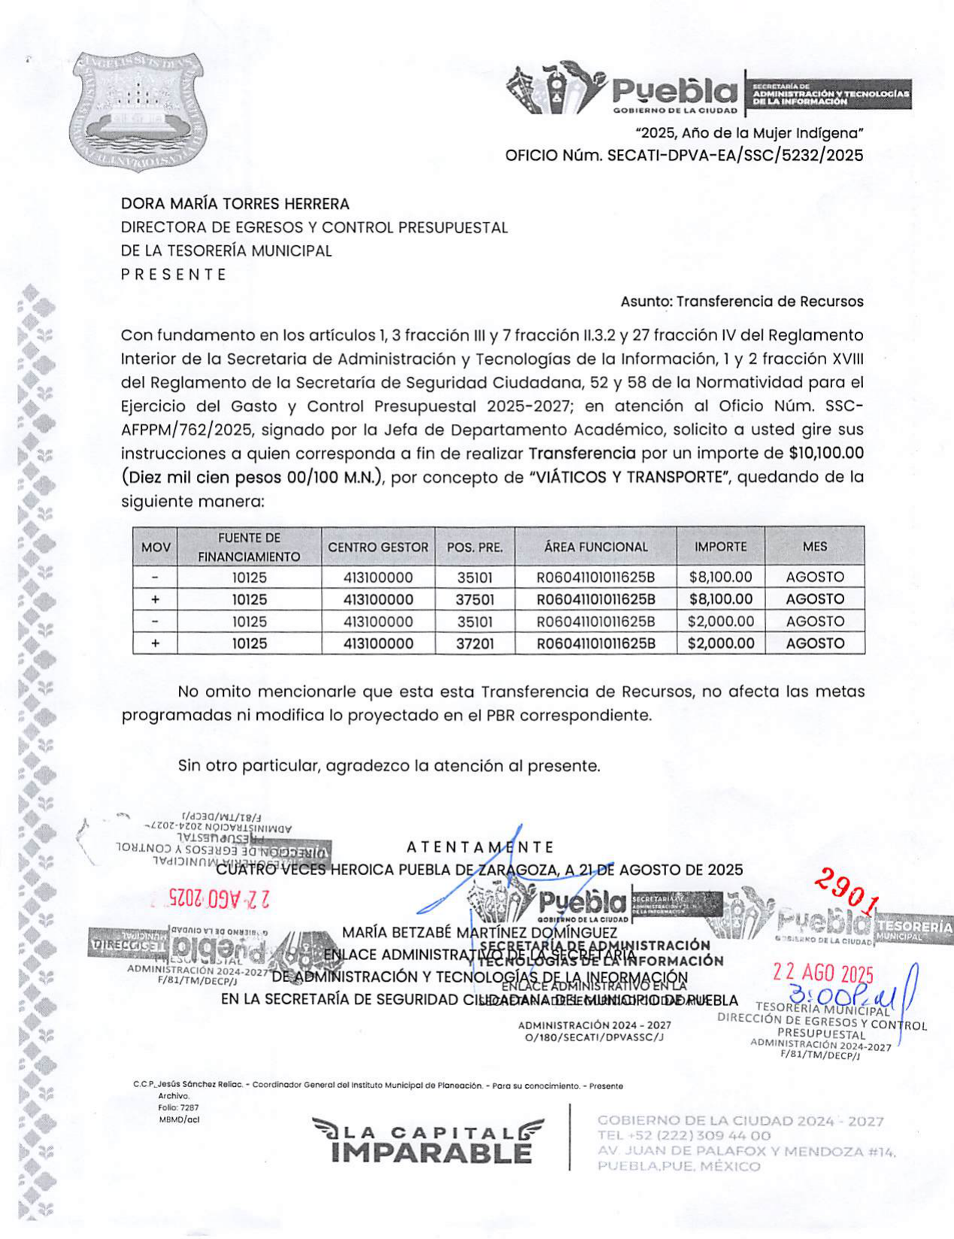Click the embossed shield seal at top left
coord(139,112)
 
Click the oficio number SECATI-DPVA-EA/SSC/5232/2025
coord(734,156)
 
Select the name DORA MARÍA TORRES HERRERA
coord(235,204)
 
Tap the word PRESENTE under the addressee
coord(174,274)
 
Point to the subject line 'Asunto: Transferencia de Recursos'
coord(741,301)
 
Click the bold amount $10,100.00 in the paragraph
coord(825,453)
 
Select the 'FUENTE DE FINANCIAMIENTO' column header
coord(249,547)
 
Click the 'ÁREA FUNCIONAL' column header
coord(595,547)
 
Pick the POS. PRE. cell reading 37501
coord(474,599)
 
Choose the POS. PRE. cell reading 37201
coord(474,644)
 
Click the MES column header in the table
coord(814,547)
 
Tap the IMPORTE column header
coord(720,547)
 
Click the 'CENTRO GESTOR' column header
coord(378,547)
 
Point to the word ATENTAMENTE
coord(480,847)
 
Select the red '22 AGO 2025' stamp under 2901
coord(823,973)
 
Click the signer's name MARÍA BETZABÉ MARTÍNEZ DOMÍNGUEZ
coord(480,932)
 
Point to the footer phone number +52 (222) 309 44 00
coord(683,1135)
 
